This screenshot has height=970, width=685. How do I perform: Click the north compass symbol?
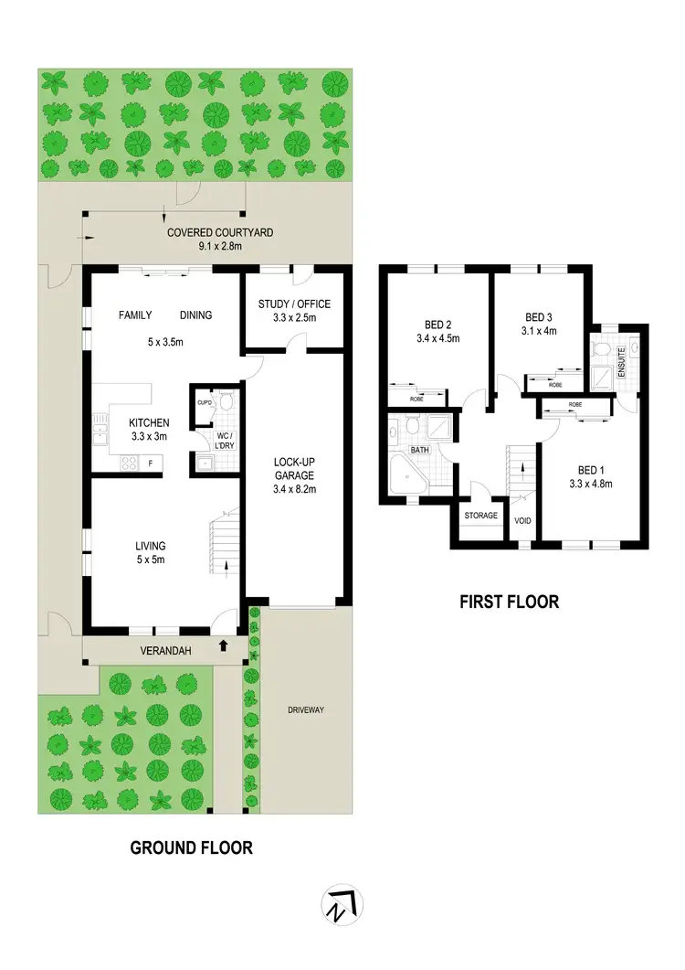(x=342, y=905)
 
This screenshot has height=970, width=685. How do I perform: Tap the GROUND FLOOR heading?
(x=191, y=847)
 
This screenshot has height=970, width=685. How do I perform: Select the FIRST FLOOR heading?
(x=510, y=602)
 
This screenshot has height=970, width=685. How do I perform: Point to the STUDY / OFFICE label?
(x=295, y=304)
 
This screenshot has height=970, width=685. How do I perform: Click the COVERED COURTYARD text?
(x=220, y=233)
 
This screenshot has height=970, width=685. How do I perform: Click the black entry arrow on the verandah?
(x=223, y=646)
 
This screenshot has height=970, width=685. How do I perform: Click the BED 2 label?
(x=438, y=325)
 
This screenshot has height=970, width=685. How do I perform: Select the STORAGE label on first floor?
(x=480, y=516)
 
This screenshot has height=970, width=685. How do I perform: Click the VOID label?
(x=522, y=521)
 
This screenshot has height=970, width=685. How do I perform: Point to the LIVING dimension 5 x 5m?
(x=149, y=560)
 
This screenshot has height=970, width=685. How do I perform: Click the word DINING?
(x=195, y=315)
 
